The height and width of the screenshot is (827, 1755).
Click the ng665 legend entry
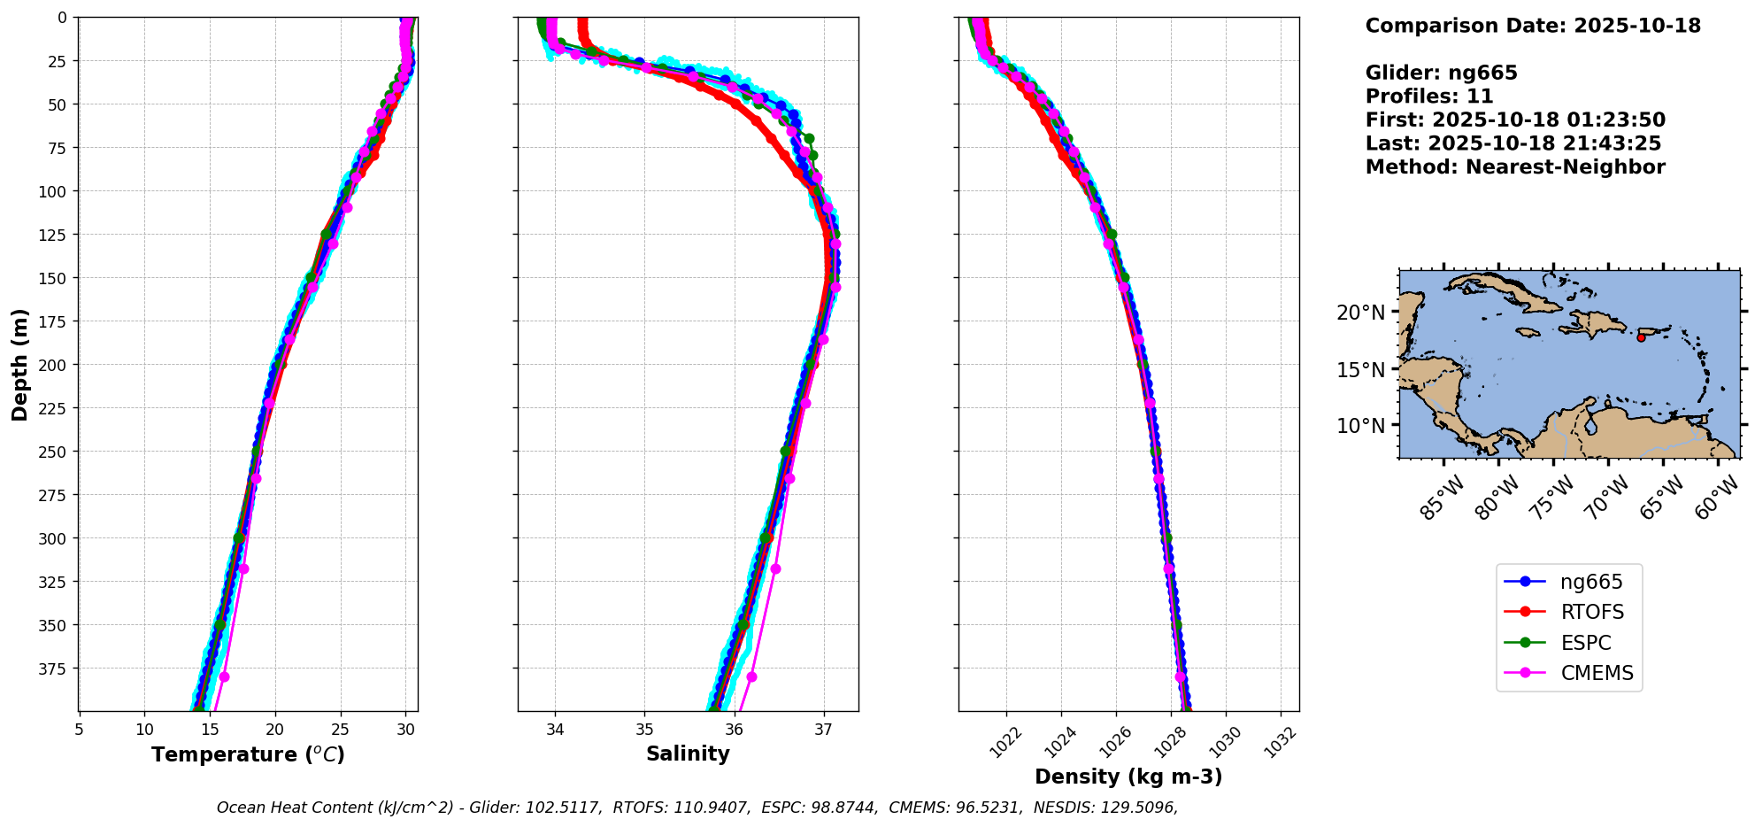1590,582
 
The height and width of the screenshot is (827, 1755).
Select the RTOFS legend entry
1591,612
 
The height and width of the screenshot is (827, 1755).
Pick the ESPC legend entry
1585,643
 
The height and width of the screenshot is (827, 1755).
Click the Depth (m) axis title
19,364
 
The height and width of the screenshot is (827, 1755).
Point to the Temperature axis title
248,754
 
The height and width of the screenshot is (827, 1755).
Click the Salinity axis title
688,754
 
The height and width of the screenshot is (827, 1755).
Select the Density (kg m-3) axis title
1128,777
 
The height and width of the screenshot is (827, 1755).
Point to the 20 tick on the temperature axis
275,730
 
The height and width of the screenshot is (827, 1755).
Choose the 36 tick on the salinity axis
735,730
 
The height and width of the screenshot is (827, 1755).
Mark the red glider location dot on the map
1641,337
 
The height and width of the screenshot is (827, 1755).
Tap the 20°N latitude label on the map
1360,313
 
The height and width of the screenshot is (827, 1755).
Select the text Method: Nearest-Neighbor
1514,167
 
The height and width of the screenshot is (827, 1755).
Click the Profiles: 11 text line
1428,97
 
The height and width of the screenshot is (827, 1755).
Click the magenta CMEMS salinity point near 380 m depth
751,676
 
